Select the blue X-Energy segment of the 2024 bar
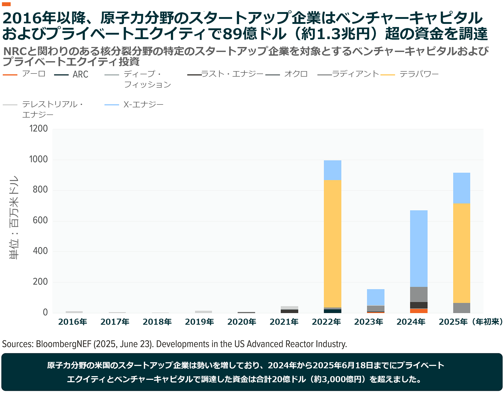tap(419, 248)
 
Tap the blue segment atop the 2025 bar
tap(461, 188)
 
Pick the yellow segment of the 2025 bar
tap(461, 253)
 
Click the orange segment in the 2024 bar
tap(419, 311)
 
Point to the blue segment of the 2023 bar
tap(376, 297)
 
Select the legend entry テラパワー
tap(419, 74)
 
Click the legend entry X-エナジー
tap(143, 105)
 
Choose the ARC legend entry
tap(80, 75)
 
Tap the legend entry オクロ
tap(296, 74)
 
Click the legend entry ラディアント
tap(355, 74)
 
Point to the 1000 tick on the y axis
tap(39, 159)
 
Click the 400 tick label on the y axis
tap(40, 251)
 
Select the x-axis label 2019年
tap(199, 322)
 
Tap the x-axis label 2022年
tap(326, 322)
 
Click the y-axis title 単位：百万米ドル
tap(14, 217)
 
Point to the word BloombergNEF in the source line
tap(64, 344)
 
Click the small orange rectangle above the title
tap(6, 4)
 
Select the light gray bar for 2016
tap(74, 312)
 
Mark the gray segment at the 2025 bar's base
tap(461, 308)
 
